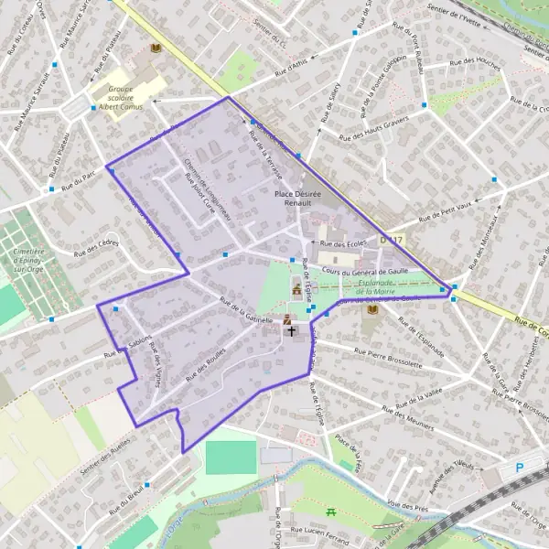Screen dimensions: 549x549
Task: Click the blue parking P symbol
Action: point(520,468)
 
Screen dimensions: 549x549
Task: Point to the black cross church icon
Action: point(293,331)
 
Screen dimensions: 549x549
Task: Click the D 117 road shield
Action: point(391,240)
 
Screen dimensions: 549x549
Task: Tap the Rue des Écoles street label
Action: point(343,244)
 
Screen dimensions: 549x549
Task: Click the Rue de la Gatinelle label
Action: point(245,311)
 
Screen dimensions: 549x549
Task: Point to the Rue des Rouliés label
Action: point(204,367)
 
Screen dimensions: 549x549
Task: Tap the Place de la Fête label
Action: point(349,452)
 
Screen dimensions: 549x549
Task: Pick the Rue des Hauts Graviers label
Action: point(373,129)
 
